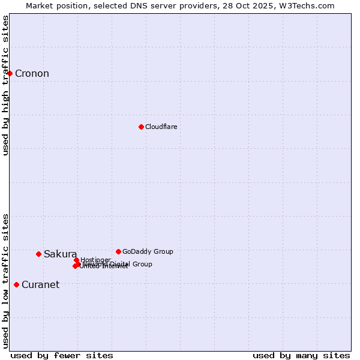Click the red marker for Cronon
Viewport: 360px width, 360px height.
(10, 73)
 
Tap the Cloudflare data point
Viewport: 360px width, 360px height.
(141, 127)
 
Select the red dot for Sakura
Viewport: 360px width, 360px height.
(38, 254)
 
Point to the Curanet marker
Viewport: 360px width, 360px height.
(16, 284)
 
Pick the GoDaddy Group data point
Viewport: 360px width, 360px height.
(118, 251)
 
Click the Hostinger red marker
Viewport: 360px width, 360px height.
(76, 260)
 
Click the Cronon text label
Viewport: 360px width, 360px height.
(32, 74)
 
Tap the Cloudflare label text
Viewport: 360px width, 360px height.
(161, 127)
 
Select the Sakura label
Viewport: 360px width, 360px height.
(60, 254)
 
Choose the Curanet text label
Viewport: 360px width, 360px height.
(40, 285)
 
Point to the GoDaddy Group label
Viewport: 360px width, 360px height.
(148, 251)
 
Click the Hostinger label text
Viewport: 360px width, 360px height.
(95, 260)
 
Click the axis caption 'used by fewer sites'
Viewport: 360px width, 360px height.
(62, 355)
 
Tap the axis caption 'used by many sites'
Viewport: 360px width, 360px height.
(301, 355)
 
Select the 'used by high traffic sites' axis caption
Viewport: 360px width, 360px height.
(5, 85)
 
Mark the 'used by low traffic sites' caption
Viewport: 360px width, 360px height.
(5, 281)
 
